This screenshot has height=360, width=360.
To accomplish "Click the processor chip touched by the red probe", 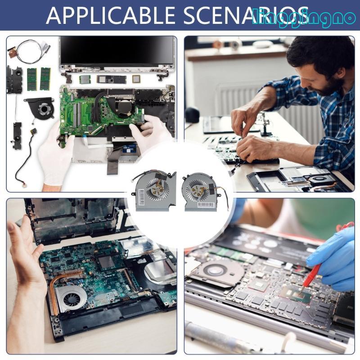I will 295,295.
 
